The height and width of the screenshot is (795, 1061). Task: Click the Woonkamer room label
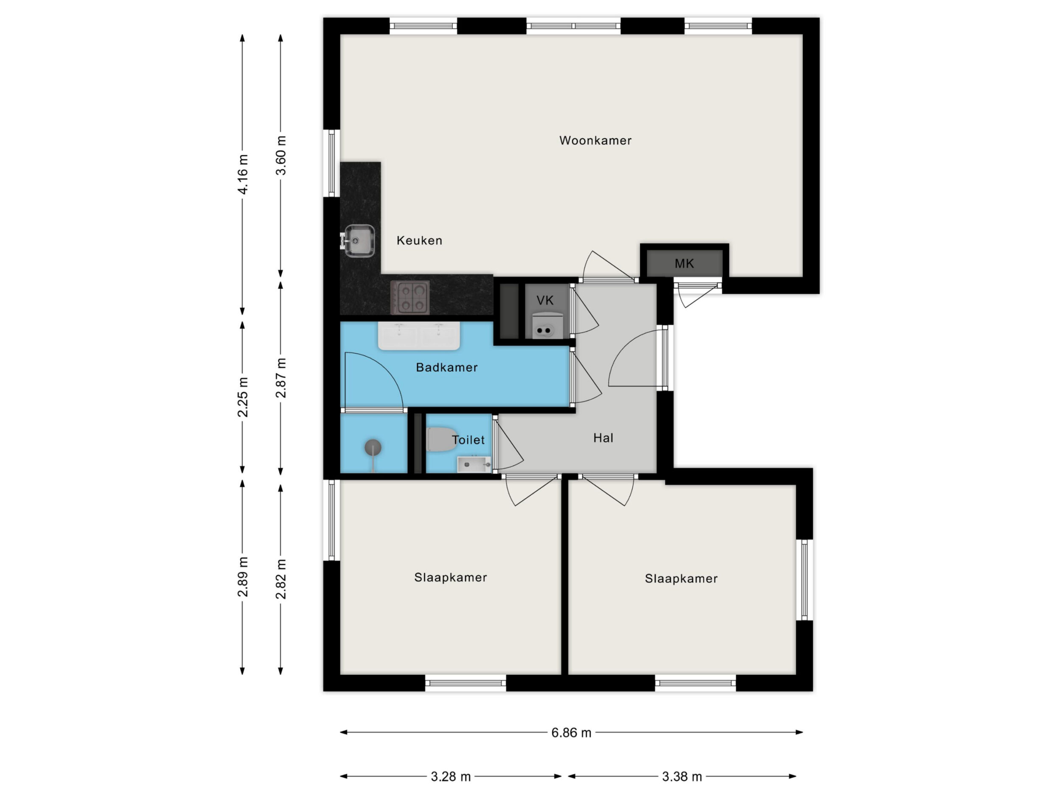(x=595, y=140)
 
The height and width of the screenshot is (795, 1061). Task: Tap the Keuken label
(x=419, y=240)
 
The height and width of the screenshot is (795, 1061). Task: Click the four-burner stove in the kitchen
(x=410, y=297)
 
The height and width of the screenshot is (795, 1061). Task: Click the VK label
(x=545, y=301)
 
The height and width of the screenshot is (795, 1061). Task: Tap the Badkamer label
(x=446, y=368)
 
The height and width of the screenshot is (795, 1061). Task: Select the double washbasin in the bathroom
(x=419, y=335)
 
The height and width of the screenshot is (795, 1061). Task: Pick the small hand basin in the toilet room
(x=474, y=464)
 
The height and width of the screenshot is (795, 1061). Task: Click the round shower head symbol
(x=373, y=448)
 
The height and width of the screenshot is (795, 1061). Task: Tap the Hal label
(x=603, y=438)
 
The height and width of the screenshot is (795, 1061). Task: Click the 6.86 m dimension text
(x=571, y=733)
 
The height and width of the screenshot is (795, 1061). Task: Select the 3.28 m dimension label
(x=451, y=777)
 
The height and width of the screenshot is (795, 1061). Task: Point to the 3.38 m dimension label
(x=682, y=777)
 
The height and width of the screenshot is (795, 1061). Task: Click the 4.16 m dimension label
(x=243, y=174)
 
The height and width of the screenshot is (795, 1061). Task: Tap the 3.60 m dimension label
(x=281, y=155)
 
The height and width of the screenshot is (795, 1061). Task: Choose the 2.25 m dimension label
(x=243, y=397)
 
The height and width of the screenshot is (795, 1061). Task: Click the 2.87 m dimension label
(x=281, y=378)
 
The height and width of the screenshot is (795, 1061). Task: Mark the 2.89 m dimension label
(x=243, y=577)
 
